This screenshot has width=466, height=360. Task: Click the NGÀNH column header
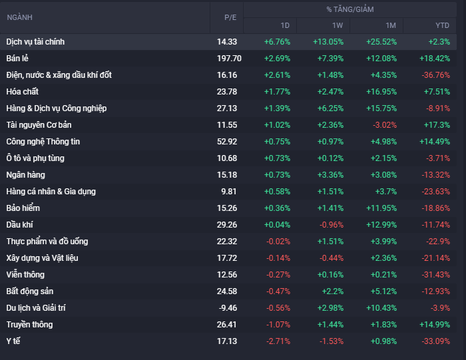click(19, 17)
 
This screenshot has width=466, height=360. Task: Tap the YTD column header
click(442, 25)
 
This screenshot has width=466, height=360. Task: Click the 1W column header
click(338, 25)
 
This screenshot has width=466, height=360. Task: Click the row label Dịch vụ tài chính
click(35, 41)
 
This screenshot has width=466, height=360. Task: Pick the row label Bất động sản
click(29, 291)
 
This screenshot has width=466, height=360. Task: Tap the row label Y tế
click(13, 341)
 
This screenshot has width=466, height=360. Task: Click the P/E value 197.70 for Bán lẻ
click(229, 58)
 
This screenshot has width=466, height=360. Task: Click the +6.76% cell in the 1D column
click(277, 41)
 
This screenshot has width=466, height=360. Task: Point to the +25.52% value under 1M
click(381, 41)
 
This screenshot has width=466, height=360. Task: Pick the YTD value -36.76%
click(434, 75)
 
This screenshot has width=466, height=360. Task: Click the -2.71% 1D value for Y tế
click(278, 341)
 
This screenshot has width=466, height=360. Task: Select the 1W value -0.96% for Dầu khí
click(330, 224)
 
